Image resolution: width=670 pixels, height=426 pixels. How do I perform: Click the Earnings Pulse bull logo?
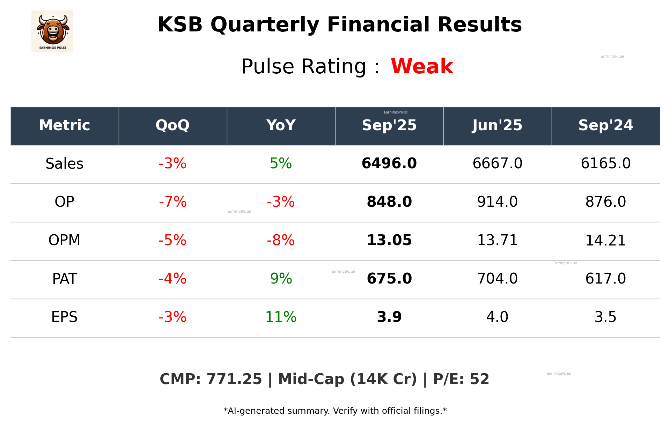(52, 31)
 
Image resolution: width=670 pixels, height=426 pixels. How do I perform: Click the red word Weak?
(422, 66)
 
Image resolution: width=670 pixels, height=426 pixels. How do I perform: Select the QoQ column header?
(172, 125)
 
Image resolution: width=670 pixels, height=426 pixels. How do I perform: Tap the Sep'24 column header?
(605, 125)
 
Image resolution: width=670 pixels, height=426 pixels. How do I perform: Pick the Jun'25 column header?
(497, 125)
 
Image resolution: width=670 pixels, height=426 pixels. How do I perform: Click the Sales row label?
(65, 164)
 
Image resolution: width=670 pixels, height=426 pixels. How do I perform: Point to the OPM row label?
(65, 240)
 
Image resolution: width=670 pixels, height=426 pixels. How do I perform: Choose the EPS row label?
(65, 317)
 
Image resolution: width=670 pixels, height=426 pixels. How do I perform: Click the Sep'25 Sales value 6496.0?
(389, 163)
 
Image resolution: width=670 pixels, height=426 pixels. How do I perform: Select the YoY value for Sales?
(281, 163)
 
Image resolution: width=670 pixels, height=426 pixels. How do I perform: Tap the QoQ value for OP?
(172, 202)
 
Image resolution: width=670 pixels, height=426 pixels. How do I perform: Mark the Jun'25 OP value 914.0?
(497, 202)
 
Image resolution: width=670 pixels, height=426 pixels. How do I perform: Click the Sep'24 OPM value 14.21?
(605, 241)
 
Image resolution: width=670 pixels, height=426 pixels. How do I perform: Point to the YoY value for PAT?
(281, 279)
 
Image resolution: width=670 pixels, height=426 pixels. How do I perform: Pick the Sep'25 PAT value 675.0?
(389, 279)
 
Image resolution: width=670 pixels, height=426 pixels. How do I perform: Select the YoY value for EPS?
(281, 317)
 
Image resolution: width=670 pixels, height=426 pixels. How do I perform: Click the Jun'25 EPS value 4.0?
(497, 317)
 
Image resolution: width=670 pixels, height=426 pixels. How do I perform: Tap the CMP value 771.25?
(234, 379)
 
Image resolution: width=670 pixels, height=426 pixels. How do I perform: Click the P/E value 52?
(479, 379)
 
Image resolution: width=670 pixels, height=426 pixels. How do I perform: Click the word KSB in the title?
(180, 25)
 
